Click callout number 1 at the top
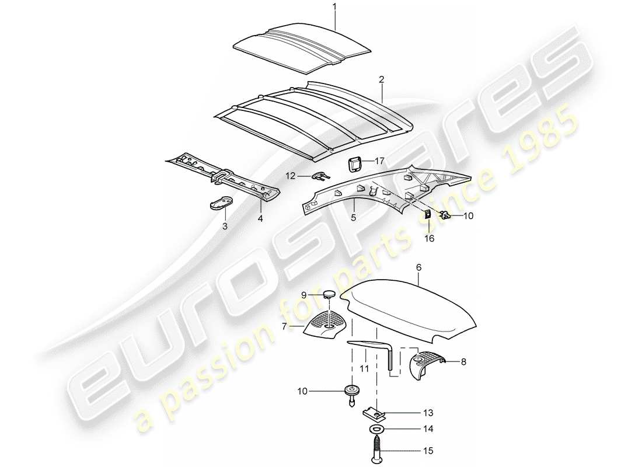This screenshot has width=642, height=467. [x=334, y=6]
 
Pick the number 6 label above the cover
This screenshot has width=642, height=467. [x=418, y=267]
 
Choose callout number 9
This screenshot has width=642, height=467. [x=303, y=294]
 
